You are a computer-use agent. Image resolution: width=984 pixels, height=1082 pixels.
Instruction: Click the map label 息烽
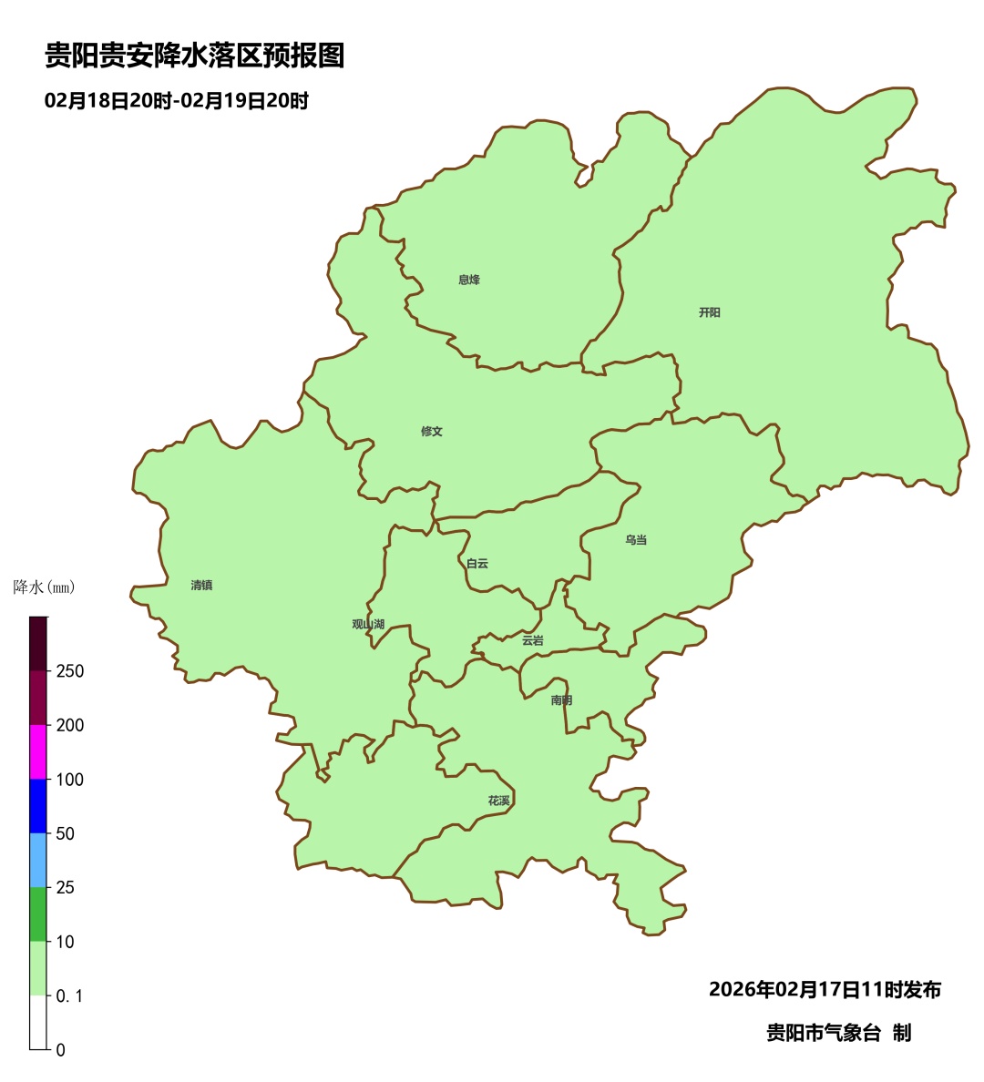(x=469, y=280)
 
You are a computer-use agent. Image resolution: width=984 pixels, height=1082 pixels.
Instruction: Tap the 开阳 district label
(x=710, y=312)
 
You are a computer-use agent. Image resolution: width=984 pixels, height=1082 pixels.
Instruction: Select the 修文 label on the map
(x=432, y=432)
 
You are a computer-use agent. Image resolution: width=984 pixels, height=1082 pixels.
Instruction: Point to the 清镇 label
(x=201, y=586)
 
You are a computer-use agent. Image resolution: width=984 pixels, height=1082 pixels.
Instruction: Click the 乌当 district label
(x=636, y=540)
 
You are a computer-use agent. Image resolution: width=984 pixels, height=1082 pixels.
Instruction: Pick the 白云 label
(x=477, y=564)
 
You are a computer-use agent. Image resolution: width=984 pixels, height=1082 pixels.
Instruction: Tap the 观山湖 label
(x=368, y=625)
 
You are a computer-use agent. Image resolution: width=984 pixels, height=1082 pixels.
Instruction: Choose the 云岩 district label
(x=533, y=641)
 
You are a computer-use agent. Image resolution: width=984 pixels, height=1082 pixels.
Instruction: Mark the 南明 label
(x=562, y=700)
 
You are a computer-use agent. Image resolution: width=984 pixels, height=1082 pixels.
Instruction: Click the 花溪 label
(x=499, y=801)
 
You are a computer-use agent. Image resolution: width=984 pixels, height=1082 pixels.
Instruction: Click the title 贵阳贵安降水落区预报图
(x=195, y=56)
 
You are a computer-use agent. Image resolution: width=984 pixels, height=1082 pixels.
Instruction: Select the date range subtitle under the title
(x=177, y=101)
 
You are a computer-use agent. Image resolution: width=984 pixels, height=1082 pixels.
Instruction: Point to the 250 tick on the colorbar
(x=69, y=671)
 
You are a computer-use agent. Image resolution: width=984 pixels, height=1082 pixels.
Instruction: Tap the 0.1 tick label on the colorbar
(x=69, y=996)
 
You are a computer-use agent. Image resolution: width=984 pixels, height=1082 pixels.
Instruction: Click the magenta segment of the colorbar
(x=38, y=751)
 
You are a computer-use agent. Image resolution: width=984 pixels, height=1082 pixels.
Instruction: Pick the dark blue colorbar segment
(x=38, y=805)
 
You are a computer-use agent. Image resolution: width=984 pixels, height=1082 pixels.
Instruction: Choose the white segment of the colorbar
(x=38, y=1022)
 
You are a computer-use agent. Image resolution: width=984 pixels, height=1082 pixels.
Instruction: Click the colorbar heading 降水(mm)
(x=45, y=587)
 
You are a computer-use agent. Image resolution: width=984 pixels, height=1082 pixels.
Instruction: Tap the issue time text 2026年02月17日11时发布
(x=825, y=989)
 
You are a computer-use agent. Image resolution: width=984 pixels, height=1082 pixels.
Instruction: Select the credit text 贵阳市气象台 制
(x=838, y=1033)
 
